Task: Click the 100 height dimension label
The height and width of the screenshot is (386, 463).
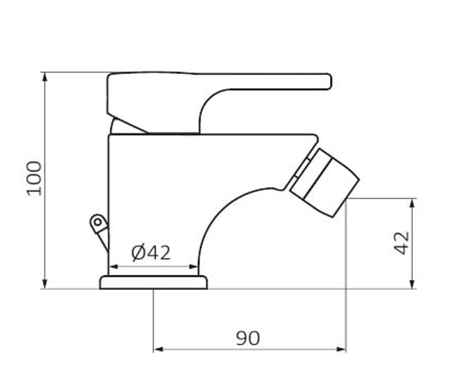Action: pos(34,179)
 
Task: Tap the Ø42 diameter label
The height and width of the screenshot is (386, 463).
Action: pos(151,253)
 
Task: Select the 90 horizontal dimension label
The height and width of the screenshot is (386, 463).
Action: pos(248,338)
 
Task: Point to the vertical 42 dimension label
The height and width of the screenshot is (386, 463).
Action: pos(401,243)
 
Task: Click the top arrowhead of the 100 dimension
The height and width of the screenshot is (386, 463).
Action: pos(45,77)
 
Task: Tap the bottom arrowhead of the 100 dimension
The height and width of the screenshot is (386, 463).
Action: pos(45,284)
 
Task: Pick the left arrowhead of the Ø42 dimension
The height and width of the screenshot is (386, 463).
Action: pos(113,267)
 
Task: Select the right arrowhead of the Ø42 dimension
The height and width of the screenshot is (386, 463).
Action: pos(193,267)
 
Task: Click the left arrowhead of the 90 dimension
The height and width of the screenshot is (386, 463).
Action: pos(158,350)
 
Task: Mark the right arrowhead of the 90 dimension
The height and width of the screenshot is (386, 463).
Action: pos(341,350)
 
